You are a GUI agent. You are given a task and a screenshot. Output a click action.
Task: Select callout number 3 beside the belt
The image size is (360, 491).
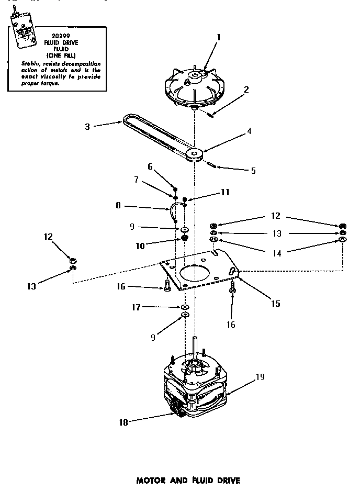tap(87, 126)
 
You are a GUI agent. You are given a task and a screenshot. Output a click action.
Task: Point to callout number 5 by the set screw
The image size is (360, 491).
tap(253, 170)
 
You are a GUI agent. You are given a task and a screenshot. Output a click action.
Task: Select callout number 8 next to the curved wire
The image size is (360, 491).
tap(118, 206)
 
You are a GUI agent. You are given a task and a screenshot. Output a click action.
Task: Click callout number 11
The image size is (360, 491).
tap(225, 192)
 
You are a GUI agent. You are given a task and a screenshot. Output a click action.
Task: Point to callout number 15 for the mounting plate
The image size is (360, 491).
tap(275, 303)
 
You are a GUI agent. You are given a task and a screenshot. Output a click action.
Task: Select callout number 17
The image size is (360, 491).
tap(136, 307)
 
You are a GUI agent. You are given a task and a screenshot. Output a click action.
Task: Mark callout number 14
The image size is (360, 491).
tap(276, 253)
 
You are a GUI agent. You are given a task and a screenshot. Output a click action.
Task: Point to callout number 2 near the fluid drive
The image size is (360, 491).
tap(246, 89)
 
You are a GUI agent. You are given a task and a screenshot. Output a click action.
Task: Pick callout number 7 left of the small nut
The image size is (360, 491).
tap(136, 180)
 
